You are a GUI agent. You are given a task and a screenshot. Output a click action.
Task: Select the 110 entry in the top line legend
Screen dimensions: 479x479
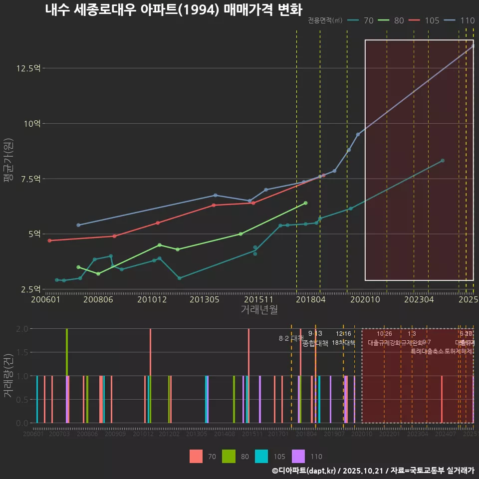[x=467, y=20]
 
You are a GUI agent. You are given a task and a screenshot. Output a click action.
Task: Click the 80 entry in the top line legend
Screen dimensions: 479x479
[x=399, y=20]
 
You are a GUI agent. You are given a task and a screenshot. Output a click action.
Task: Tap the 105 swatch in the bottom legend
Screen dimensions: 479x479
[x=261, y=456]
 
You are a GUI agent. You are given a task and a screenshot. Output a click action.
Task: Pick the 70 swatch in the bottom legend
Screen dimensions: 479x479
[x=196, y=456]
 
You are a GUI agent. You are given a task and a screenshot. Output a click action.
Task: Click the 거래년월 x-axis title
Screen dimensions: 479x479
[x=259, y=310]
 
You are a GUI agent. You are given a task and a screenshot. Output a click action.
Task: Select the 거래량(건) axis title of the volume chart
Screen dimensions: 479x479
[x=8, y=376]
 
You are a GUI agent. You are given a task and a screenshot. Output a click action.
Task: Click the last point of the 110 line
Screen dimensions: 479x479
[x=473, y=46]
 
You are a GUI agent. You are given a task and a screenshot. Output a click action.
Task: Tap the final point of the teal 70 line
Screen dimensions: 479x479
[x=443, y=161]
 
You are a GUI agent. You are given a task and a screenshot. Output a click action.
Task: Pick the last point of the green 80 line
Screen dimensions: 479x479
[x=305, y=203]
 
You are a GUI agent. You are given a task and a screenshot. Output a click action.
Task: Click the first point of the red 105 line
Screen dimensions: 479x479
[x=49, y=240]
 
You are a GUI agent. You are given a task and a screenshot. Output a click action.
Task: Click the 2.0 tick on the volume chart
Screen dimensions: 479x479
[x=22, y=329]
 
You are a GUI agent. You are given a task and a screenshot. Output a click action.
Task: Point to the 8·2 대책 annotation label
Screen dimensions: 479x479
[x=291, y=338]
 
